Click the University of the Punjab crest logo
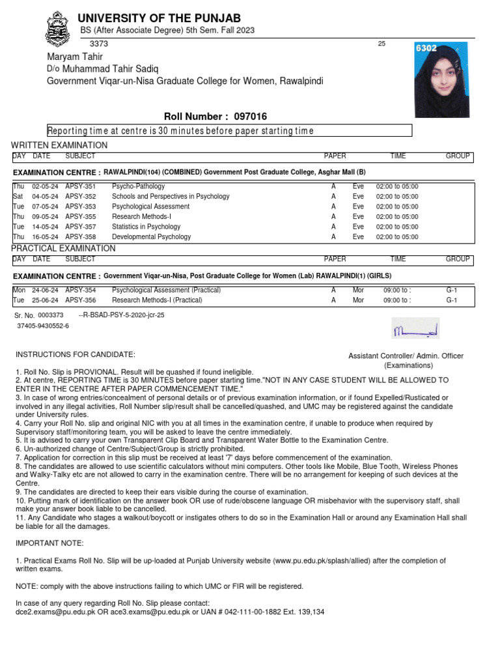pos(57,29)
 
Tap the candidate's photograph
pos(441,80)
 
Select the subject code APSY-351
pos(80,186)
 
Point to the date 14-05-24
pos(45,227)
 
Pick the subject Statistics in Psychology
pos(146,227)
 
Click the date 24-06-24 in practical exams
pos(45,290)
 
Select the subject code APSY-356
pos(80,300)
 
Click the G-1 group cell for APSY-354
pos(452,290)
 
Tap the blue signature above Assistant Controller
pos(415,329)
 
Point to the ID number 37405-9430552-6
pos(43,325)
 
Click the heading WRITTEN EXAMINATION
pos(59,145)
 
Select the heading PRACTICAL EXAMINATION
pos(63,249)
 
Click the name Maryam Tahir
pos(75,57)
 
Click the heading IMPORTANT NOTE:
pos(49,543)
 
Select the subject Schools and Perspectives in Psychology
pos(171,196)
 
